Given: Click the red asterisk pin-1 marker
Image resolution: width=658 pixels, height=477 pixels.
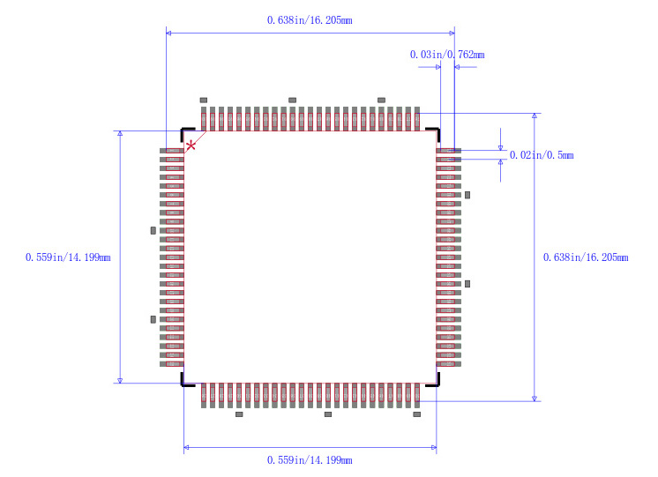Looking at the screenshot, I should [191, 145].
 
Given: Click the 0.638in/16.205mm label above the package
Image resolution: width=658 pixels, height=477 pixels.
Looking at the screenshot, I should [310, 19].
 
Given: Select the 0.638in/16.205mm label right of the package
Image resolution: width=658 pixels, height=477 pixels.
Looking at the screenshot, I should [585, 257].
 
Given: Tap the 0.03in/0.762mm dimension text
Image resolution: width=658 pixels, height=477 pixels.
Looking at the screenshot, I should [446, 55].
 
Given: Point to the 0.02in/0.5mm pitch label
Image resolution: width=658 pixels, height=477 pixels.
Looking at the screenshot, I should [541, 155].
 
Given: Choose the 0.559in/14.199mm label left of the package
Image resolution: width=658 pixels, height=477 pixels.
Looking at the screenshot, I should [68, 257].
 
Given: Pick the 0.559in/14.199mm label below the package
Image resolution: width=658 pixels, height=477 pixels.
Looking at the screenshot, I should [310, 460].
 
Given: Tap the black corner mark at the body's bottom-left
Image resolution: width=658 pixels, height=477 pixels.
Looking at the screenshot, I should [186, 382].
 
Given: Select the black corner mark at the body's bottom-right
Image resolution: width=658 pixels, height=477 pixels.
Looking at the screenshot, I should [434, 382].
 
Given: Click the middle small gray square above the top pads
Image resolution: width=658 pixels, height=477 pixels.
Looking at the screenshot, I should [293, 100].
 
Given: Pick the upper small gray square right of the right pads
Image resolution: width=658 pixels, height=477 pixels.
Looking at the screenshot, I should [467, 194].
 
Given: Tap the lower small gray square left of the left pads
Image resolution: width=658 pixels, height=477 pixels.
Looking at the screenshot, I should [153, 318].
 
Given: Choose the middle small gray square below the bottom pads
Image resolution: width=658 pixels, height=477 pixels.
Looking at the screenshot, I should [328, 414].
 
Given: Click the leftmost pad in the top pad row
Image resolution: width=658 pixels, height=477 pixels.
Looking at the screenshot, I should [204, 119].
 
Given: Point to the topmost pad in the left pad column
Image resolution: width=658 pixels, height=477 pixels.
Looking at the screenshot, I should [171, 152].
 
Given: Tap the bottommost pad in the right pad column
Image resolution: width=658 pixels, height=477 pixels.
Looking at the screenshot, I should [449, 363].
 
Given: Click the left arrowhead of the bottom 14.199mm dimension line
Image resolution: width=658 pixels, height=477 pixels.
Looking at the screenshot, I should [186, 448].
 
